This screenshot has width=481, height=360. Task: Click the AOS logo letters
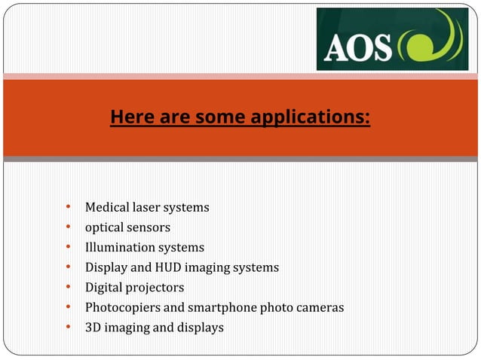(x=358, y=47)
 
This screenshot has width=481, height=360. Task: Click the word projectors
(x=155, y=288)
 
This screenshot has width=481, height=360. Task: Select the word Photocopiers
(x=121, y=307)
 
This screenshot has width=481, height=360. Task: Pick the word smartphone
(x=218, y=307)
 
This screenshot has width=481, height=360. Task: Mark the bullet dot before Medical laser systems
(x=68, y=206)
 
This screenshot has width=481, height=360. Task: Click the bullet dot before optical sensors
(x=68, y=227)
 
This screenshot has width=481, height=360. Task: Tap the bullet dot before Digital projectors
(x=68, y=287)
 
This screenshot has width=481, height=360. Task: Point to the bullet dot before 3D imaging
(x=68, y=327)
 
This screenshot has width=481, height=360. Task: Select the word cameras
(x=321, y=307)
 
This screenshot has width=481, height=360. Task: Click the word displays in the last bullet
(x=200, y=328)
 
